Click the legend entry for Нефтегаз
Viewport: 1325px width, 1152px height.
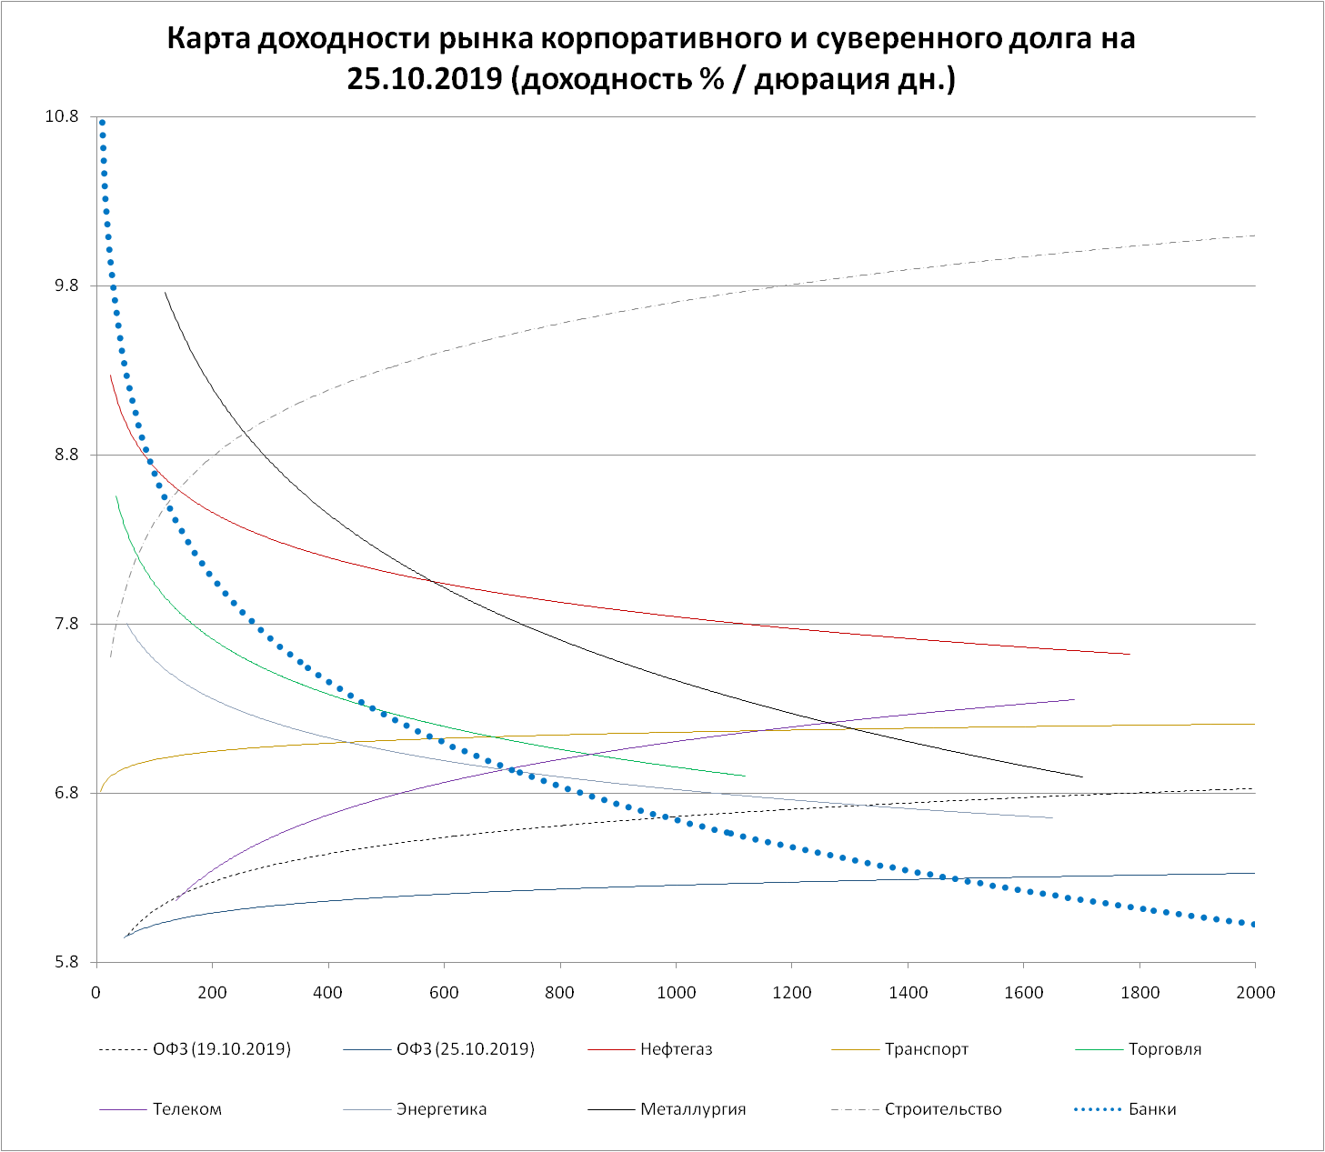tap(676, 1049)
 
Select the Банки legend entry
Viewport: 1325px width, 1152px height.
tap(1152, 1109)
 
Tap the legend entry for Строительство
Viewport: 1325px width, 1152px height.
tap(942, 1109)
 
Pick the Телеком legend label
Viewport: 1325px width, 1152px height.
tap(186, 1109)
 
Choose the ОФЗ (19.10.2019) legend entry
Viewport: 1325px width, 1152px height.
tap(222, 1049)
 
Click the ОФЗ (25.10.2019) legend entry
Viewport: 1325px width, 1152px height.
tap(466, 1049)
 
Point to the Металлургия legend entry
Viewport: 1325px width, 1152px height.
tap(693, 1109)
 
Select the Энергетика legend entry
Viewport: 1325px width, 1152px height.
tap(441, 1109)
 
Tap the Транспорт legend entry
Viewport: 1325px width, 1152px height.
tap(926, 1049)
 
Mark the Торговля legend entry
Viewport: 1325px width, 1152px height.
tap(1165, 1049)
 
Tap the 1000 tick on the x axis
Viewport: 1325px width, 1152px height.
tap(676, 992)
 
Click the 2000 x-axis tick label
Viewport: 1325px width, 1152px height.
tap(1255, 992)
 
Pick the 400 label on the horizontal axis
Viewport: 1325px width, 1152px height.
tap(327, 992)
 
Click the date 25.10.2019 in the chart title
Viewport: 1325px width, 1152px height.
tap(425, 79)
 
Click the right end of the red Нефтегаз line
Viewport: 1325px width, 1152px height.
tap(1129, 654)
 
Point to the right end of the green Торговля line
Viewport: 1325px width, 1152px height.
tap(744, 776)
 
